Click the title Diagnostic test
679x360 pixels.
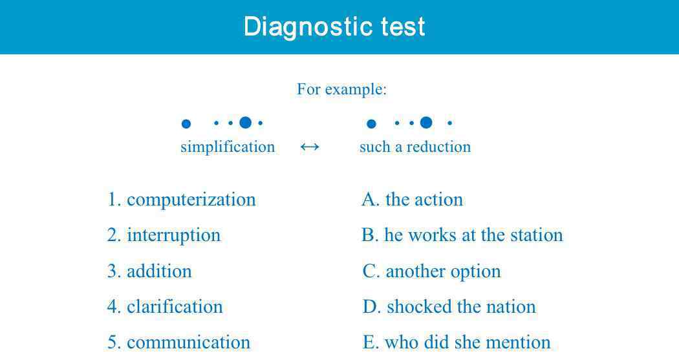pos(334,27)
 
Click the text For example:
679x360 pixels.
pos(341,90)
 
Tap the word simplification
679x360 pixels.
pos(228,147)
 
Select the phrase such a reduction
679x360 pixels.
pos(415,147)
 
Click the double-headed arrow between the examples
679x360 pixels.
pos(310,147)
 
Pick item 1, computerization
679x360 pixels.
pos(182,200)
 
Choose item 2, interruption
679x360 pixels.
pos(164,235)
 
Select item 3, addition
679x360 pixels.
pos(149,271)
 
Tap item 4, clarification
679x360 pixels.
pos(165,307)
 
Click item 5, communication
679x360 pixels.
pos(179,343)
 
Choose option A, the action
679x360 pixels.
pos(413,200)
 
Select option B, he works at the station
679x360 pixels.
pos(462,235)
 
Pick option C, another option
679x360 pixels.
pos(431,271)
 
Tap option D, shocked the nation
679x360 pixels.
pos(449,307)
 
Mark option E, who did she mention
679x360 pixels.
pos(457,343)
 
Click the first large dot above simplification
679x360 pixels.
pos(186,124)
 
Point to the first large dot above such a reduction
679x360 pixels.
pos(371,124)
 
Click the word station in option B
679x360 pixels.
pos(537,235)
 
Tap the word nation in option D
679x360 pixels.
pos(511,307)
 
